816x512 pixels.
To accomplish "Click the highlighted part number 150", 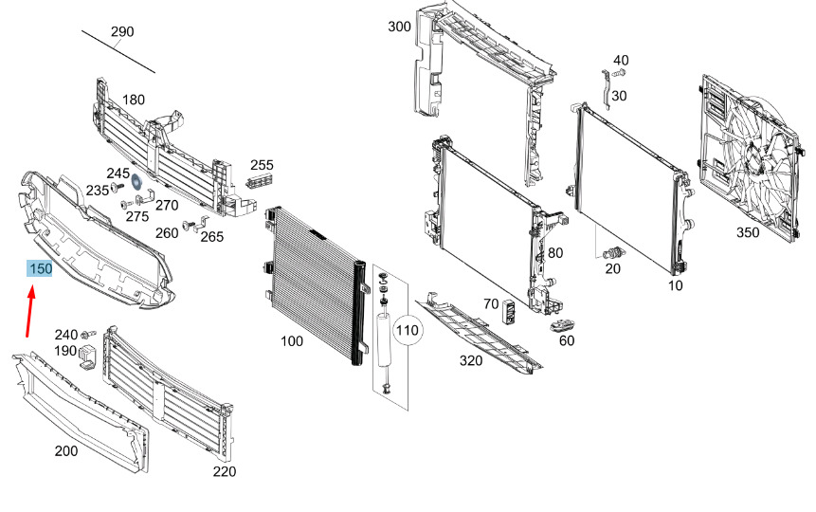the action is [40, 268].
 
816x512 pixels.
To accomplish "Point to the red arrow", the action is [30, 311].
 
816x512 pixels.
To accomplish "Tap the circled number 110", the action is [407, 330].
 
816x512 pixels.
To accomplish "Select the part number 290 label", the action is [122, 32].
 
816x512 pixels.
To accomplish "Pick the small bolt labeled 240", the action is [90, 334].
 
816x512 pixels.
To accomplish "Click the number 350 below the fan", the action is [748, 232].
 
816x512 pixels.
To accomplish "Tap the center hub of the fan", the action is [753, 156].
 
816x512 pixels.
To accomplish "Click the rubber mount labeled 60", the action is [562, 326].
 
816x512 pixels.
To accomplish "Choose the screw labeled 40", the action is [618, 73].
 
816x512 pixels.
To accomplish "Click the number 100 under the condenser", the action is [292, 341].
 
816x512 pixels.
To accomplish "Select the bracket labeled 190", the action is [88, 356].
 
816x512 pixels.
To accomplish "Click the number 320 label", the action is [471, 360].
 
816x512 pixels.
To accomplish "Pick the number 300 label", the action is [399, 26].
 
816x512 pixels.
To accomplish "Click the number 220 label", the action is [225, 471].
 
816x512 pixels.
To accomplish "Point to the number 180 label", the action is [134, 100].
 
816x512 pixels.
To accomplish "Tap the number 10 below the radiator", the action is [675, 284].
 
